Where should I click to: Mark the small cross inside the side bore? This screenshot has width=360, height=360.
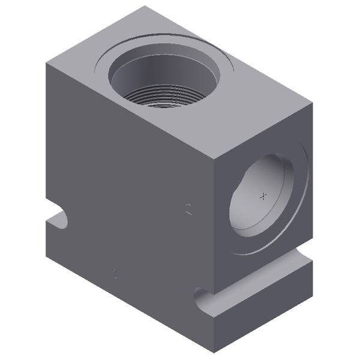pos(262,196)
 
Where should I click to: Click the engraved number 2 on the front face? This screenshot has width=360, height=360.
pos(189,210)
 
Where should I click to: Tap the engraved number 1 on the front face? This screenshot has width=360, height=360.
pos(115,274)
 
